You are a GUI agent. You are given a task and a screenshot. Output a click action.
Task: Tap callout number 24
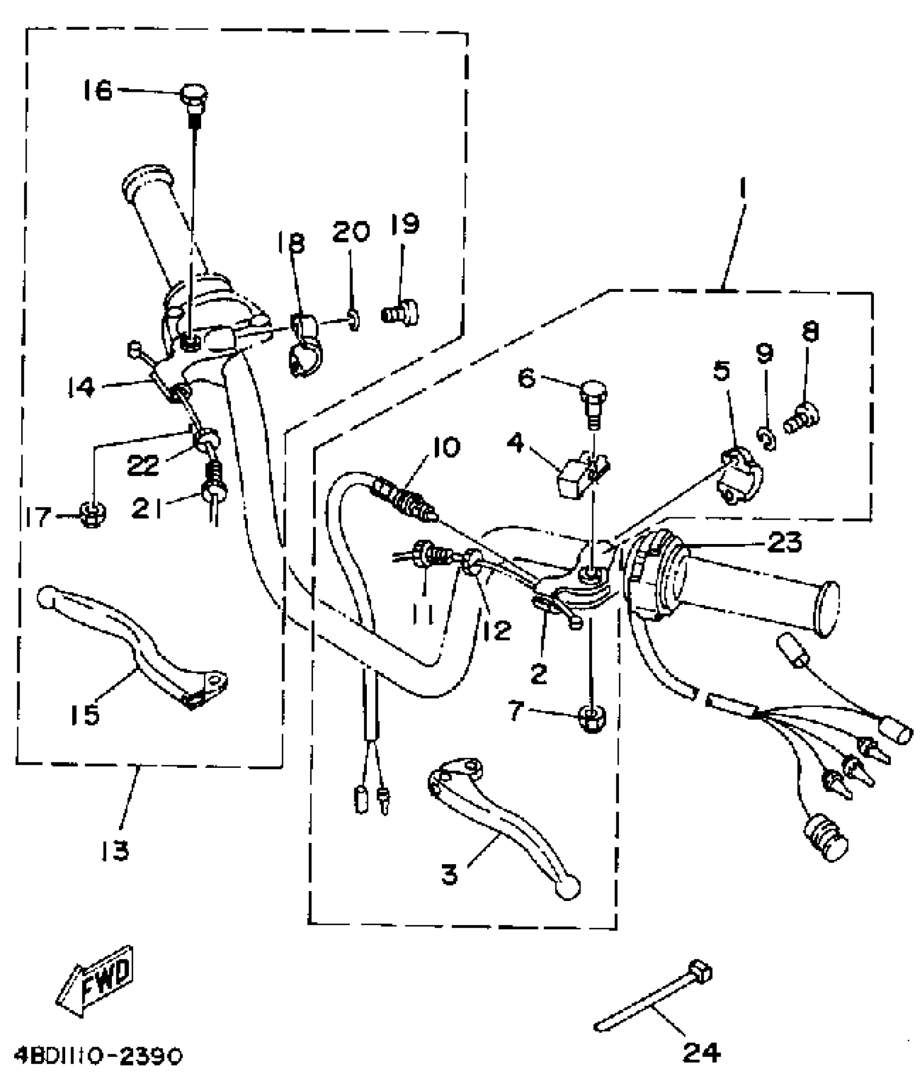[701, 1053]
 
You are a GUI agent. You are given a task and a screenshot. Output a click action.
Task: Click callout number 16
[98, 90]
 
